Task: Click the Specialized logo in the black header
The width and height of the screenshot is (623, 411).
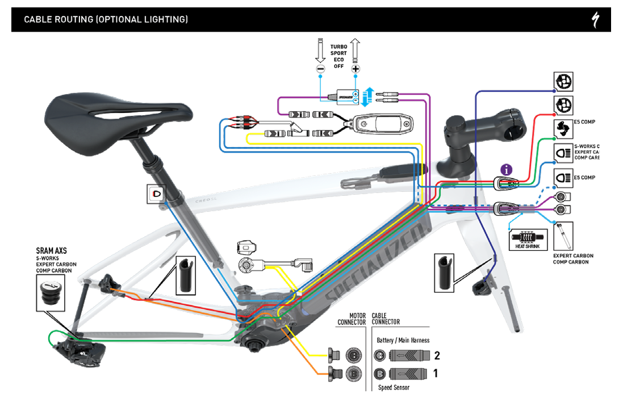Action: pos(597,20)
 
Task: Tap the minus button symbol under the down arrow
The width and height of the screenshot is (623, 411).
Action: pos(321,69)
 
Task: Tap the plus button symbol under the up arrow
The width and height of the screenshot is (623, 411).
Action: pos(356,69)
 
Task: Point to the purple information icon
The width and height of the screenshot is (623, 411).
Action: pos(507,169)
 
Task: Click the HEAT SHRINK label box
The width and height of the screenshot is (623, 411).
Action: pos(528,240)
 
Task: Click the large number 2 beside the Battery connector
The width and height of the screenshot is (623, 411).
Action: pos(436,356)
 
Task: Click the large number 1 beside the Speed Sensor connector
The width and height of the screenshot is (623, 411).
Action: pos(436,374)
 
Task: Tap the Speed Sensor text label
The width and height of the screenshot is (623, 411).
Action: pos(394,388)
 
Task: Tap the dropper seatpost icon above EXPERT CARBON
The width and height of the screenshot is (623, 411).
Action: pos(563,236)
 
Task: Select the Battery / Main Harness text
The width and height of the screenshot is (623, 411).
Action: pos(403,340)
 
